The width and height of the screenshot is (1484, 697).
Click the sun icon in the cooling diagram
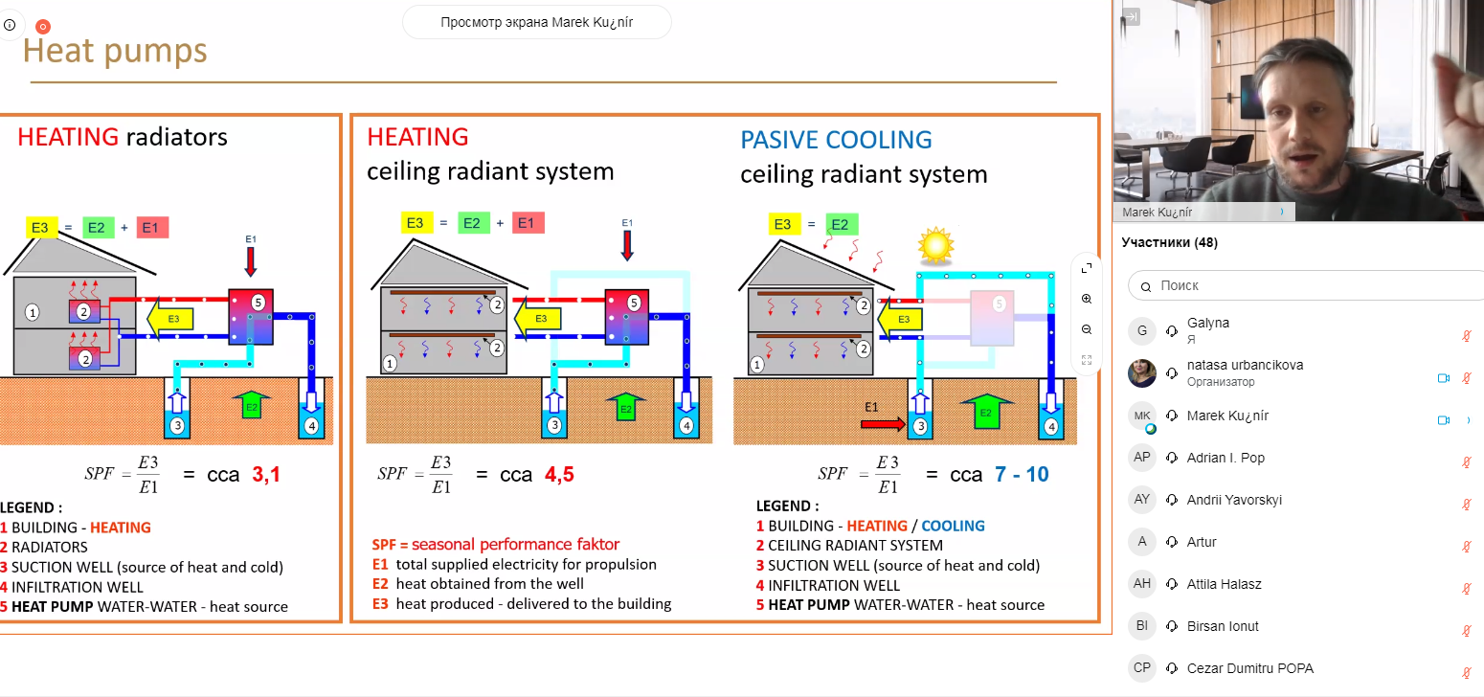(x=936, y=246)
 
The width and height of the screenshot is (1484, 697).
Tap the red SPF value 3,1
(x=266, y=474)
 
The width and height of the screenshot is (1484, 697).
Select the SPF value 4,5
(x=559, y=474)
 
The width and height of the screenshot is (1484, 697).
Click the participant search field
(x=1312, y=285)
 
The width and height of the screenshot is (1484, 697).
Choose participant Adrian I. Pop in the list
(x=1225, y=458)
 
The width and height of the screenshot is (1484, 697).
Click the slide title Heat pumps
(x=115, y=50)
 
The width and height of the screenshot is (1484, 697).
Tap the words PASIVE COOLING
(x=836, y=140)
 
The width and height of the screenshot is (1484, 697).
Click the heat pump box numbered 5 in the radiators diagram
(x=251, y=317)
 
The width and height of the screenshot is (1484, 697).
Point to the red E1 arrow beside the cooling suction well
(x=882, y=422)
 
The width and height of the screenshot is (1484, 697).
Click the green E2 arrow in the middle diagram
(x=625, y=408)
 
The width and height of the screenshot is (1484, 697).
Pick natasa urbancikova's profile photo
(x=1142, y=373)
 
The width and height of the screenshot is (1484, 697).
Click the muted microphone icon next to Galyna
(x=1466, y=336)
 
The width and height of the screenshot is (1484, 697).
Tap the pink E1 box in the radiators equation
(x=153, y=227)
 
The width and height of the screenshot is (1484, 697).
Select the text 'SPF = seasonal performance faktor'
(x=495, y=544)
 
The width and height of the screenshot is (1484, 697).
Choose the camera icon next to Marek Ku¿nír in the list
(x=1443, y=420)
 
